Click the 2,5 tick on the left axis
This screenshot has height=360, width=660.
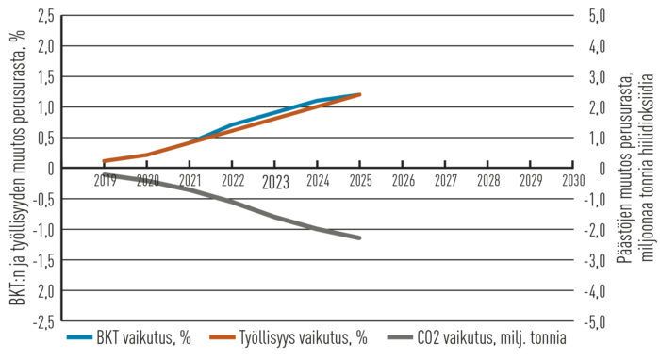pos(44,15)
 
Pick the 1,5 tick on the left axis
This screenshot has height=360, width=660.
pos(44,76)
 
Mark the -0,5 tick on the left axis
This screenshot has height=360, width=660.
pos(41,199)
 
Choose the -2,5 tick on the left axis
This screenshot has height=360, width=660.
pos(41,321)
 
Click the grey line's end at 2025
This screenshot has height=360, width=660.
pos(360,237)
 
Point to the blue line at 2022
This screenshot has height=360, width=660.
pos(233,124)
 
